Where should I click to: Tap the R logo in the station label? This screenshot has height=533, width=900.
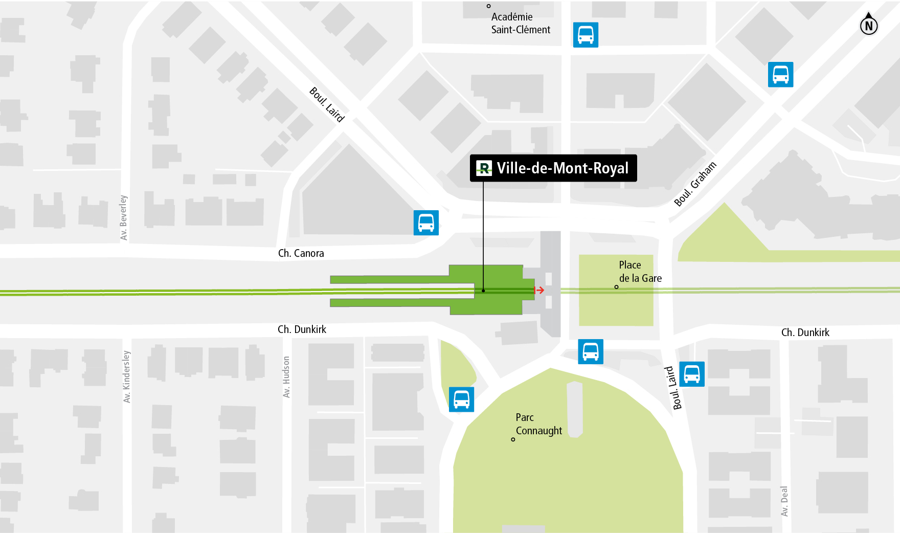484,168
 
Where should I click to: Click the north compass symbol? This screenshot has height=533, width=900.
868,25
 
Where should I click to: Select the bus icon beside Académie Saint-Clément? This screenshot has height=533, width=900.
586,35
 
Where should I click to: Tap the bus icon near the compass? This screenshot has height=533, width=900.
780,75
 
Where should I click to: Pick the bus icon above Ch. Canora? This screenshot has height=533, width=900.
426,223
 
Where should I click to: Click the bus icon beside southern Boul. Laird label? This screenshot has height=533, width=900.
692,374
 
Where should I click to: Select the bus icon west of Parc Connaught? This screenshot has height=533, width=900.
461,399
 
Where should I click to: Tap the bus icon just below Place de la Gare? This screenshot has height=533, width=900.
591,352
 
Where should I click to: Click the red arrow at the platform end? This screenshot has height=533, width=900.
539,290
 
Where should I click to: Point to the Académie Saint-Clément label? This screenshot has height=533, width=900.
520,23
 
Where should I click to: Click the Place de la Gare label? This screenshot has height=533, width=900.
640,272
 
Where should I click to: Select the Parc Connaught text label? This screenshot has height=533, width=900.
538,424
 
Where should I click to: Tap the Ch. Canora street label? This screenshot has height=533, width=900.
301,253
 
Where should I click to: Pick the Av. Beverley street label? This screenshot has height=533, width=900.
123,217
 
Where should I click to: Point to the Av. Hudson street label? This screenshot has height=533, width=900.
286,377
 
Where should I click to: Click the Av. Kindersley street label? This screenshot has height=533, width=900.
126,376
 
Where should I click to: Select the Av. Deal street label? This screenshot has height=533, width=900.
784,501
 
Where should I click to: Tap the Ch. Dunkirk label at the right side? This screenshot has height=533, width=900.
805,332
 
